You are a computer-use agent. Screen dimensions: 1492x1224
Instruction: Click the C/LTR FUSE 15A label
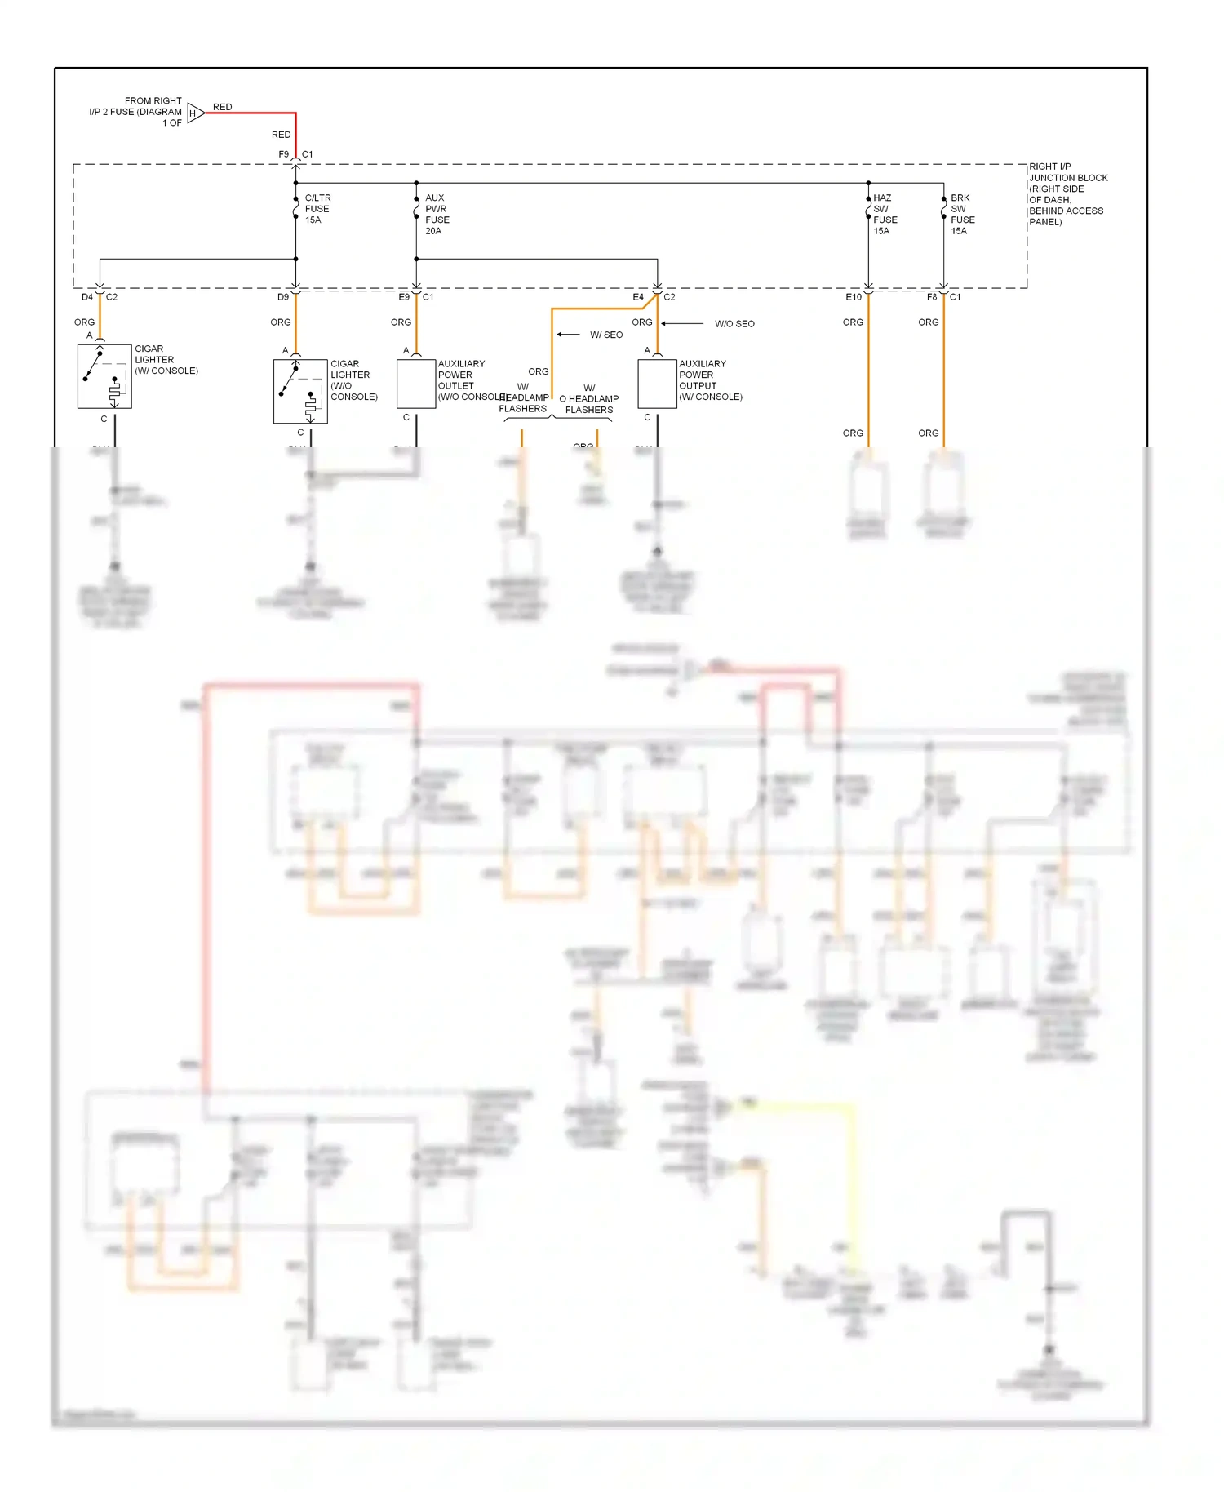317,209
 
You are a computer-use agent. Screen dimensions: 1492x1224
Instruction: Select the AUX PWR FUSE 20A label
437,215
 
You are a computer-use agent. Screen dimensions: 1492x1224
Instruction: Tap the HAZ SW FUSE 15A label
885,215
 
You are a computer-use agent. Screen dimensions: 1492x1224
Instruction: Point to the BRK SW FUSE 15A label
962,215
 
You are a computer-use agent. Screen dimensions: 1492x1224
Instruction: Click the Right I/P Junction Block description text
1067,194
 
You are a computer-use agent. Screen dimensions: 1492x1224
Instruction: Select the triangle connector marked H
194,113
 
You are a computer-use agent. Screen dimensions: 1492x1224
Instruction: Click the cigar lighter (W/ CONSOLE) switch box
104,376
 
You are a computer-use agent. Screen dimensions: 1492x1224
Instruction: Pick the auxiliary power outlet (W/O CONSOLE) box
416,384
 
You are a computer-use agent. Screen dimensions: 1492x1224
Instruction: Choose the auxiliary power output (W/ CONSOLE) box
657,384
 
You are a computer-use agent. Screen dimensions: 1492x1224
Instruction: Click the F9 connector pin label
283,154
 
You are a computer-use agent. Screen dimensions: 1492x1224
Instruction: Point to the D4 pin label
86,297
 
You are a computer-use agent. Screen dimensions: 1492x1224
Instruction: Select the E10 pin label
853,297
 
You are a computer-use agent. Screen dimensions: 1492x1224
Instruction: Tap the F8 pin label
932,297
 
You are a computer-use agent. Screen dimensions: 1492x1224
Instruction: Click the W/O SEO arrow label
734,324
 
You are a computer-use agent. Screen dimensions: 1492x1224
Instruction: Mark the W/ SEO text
606,335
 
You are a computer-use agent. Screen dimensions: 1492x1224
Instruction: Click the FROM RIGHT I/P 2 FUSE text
137,112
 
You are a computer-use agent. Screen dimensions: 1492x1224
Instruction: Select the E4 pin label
638,297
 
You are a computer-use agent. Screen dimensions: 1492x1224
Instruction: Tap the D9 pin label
282,297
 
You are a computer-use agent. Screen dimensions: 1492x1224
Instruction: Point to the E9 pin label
403,297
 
